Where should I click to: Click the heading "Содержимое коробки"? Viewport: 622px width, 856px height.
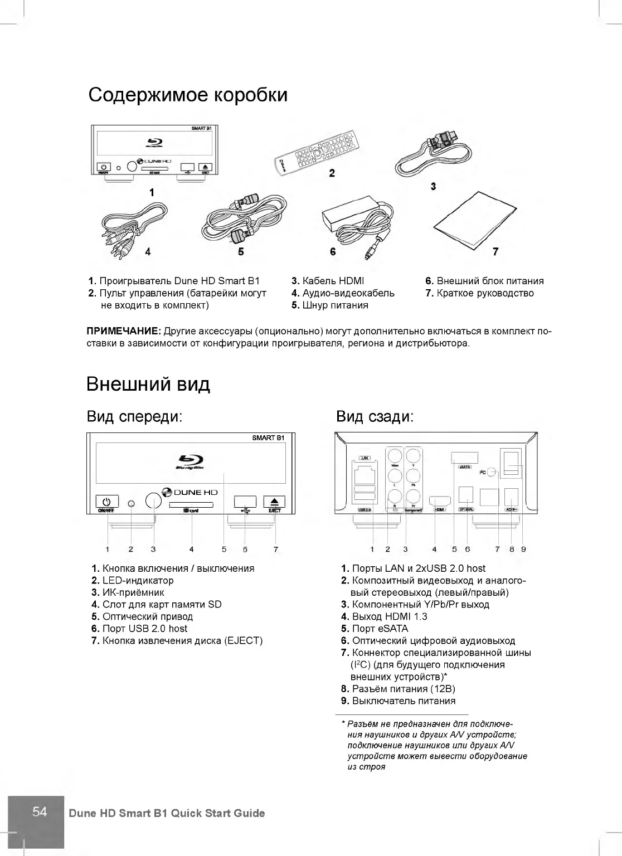188,95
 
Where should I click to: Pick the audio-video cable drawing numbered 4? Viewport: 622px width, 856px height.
134,226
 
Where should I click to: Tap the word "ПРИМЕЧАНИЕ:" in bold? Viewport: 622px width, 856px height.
124,331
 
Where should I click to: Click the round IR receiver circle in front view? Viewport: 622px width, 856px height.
153,500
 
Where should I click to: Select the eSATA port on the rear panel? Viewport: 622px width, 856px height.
464,458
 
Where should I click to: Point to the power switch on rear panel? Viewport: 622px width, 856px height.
511,463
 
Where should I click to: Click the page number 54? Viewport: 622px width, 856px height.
40,811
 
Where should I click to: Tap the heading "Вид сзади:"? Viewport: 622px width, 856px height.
375,416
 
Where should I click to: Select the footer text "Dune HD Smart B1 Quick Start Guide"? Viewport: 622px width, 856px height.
167,813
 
